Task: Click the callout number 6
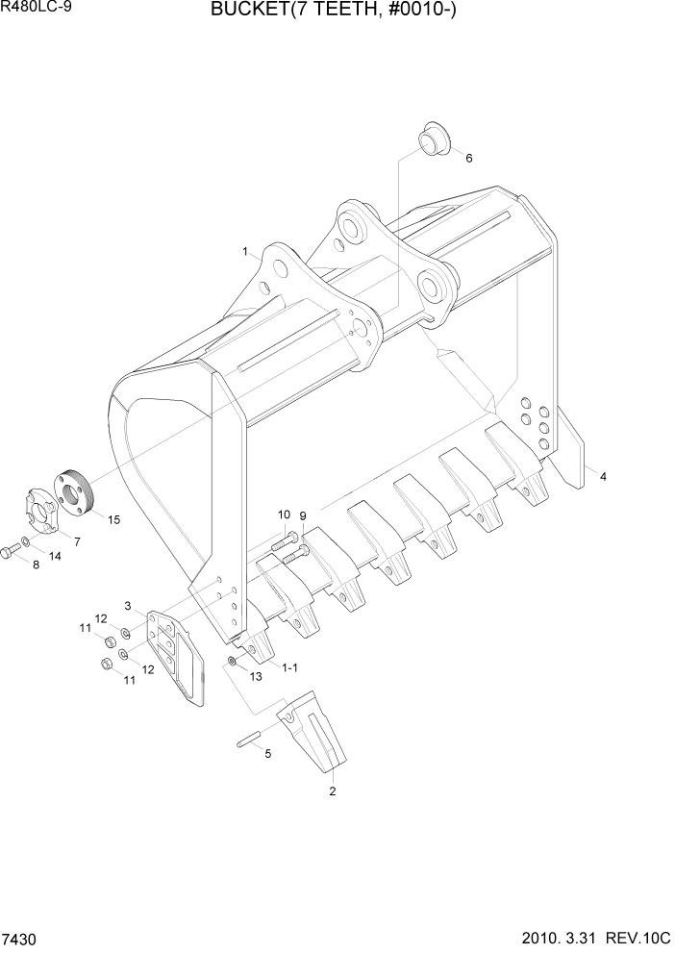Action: [x=468, y=158]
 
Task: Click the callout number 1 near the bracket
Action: [x=246, y=252]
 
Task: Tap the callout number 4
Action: [x=603, y=476]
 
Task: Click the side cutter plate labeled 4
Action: [x=573, y=448]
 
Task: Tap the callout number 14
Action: [x=54, y=557]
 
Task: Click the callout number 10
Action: [x=284, y=515]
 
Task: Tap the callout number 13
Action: [x=256, y=678]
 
